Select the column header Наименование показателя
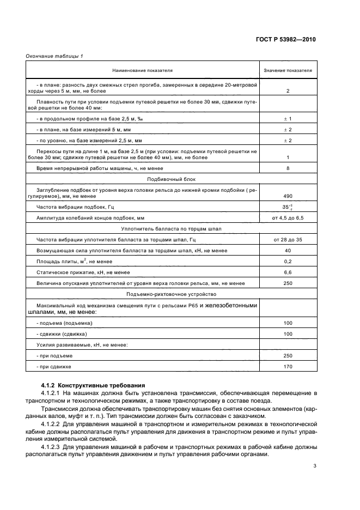[142, 70]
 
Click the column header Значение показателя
[288, 70]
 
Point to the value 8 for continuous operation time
[288, 169]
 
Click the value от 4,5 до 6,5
[288, 218]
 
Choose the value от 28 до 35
[288, 240]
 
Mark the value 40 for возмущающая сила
[288, 251]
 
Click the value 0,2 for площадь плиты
[288, 262]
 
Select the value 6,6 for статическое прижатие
[288, 272]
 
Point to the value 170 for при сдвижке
[288, 367]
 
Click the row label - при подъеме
[54, 356]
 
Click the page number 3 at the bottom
[314, 466]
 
